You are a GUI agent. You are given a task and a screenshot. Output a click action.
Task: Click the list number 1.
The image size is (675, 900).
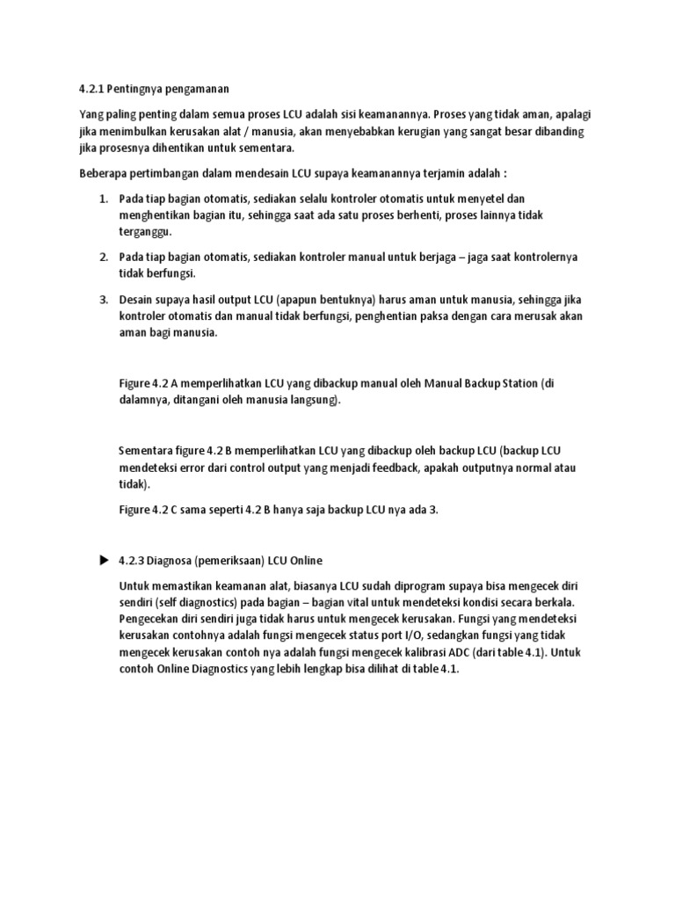(x=103, y=200)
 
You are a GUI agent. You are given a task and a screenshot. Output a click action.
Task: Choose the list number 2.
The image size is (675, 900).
(x=103, y=257)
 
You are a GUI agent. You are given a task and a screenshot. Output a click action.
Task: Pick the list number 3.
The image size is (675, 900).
(x=103, y=300)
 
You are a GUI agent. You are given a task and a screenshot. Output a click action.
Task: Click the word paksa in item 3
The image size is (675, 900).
(x=437, y=316)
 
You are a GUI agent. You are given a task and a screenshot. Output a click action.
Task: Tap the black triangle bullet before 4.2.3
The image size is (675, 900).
(x=103, y=560)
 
